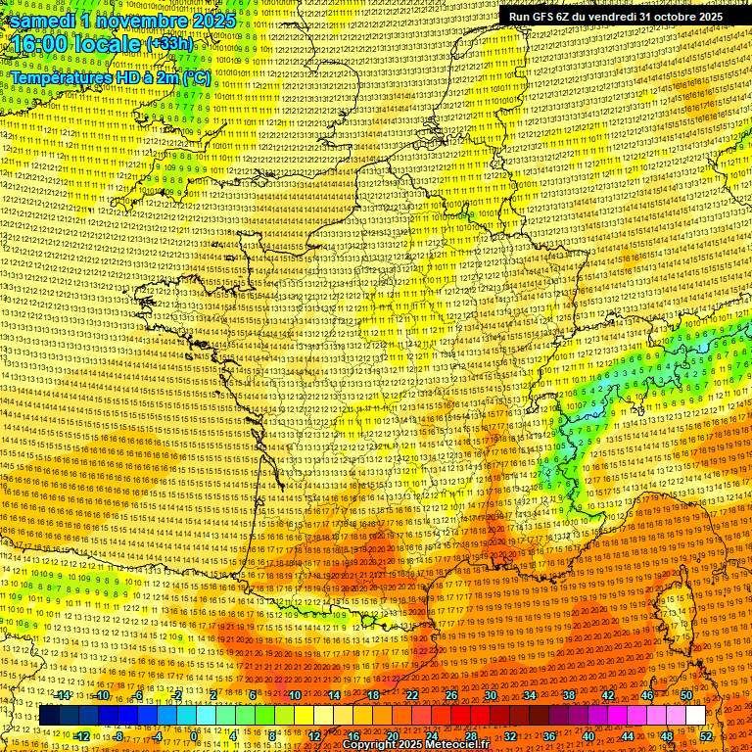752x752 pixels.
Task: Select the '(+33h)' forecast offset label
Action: [170, 45]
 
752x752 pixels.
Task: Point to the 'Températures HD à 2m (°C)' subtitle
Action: [110, 76]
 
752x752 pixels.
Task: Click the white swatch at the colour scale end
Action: [695, 716]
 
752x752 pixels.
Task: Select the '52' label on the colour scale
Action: [706, 735]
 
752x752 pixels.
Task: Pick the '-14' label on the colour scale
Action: [64, 695]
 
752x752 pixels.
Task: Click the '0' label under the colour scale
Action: [195, 735]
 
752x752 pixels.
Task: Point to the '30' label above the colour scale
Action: [491, 695]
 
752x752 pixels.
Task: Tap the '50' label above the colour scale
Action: [686, 695]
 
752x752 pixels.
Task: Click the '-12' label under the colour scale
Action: [81, 735]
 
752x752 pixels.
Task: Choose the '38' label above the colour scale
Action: [569, 695]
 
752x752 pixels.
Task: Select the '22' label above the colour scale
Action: [412, 695]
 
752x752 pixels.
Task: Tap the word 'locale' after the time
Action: [109, 45]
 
